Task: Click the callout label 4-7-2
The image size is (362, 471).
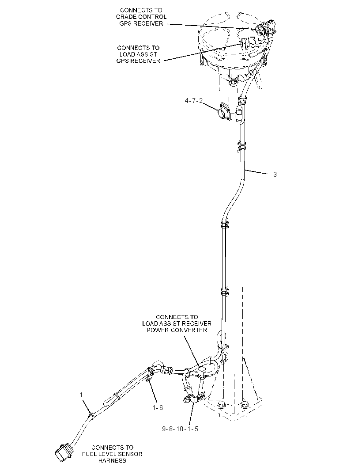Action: point(194,101)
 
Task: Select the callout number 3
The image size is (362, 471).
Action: point(275,174)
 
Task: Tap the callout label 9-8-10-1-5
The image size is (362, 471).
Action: point(180,429)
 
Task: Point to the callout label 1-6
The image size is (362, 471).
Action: point(158,407)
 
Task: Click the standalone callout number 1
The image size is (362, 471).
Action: point(81,395)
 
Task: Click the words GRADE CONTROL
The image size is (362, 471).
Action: point(141,17)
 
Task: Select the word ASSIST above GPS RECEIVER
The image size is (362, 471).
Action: point(147,54)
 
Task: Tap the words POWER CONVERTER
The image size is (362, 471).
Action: point(177,330)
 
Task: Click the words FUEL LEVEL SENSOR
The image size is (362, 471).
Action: point(112,454)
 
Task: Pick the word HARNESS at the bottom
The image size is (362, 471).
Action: point(112,460)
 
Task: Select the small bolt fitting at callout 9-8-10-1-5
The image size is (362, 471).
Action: point(187,399)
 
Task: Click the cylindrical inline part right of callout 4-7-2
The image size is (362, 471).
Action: point(239,114)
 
